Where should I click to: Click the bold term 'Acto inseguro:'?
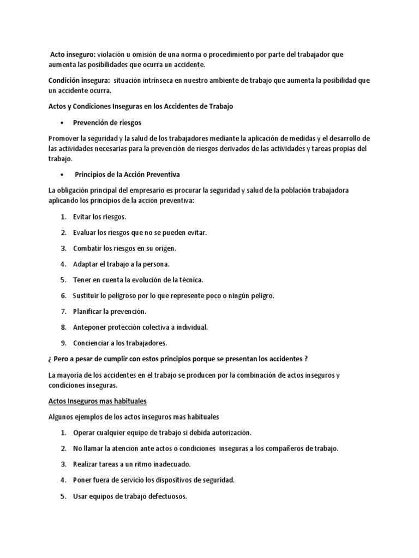coord(73,54)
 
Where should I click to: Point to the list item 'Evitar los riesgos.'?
coord(99,217)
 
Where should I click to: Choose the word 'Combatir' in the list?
coord(86,248)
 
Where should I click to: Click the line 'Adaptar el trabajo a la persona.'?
coord(121,264)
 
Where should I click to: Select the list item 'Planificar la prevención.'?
coord(110,311)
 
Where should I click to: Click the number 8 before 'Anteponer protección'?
coord(63,327)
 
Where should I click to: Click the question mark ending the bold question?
coord(306,359)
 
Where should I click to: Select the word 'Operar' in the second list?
coord(85,433)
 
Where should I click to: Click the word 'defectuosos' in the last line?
coord(166,496)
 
